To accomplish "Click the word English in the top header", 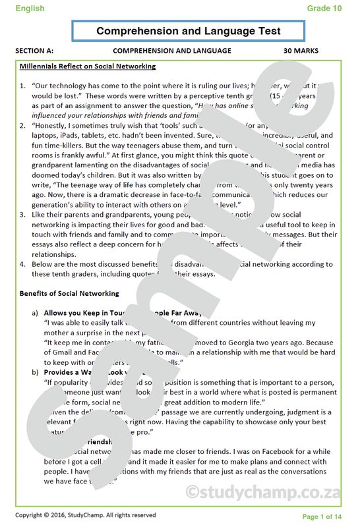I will point(30,9).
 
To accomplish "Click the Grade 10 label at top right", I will point(324,9).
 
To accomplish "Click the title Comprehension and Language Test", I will point(189,31).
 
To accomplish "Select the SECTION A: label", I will point(34,51).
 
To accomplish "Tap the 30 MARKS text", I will point(301,51).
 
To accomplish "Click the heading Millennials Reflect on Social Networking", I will point(88,67).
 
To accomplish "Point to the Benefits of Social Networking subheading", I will point(69,293).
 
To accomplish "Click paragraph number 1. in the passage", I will point(23,86).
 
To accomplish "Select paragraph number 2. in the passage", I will point(23,125).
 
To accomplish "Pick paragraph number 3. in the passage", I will point(23,215).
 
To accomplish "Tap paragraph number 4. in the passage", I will point(23,264).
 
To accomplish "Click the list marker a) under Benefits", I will point(35,313).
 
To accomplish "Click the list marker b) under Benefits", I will point(35,372).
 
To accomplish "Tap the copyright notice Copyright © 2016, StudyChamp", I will point(86,515).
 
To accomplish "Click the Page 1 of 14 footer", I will point(322,516).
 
